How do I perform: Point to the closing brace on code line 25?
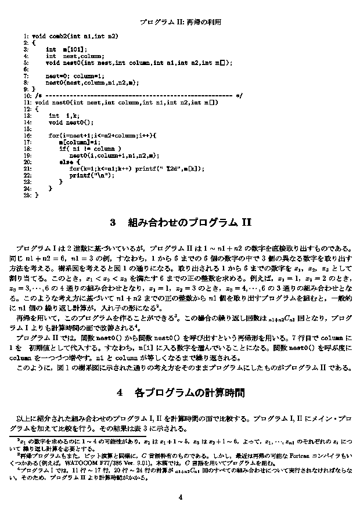pyautogui.click(x=36, y=196)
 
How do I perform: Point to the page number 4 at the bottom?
pyautogui.click(x=180, y=497)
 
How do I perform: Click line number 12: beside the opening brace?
pyautogui.click(x=27, y=109)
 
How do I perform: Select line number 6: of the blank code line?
pyautogui.click(x=27, y=69)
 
